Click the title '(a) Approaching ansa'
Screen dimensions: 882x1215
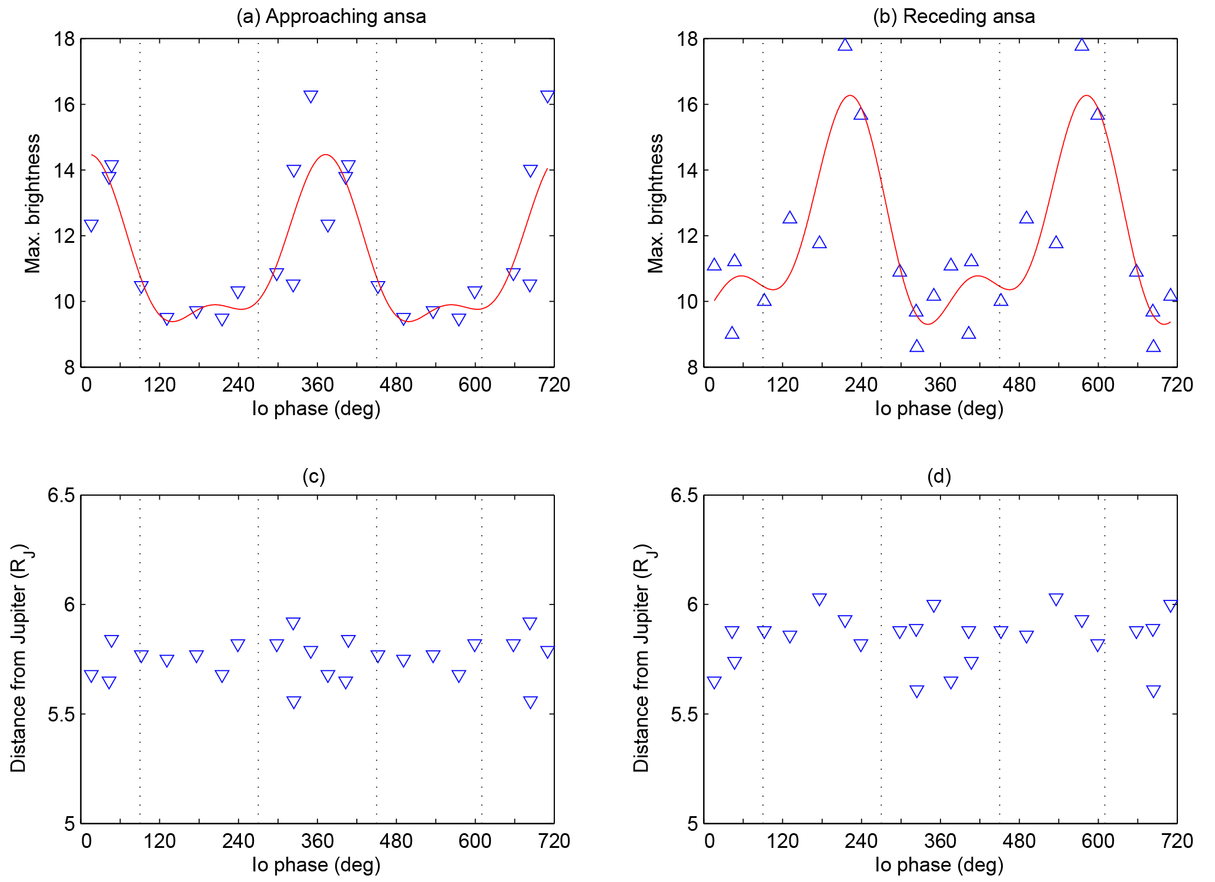pos(331,16)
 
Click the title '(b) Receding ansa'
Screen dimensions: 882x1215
pos(953,16)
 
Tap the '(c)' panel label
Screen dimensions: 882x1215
pos(313,476)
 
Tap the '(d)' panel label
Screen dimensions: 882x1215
pos(939,476)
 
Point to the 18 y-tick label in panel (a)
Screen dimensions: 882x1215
pos(64,39)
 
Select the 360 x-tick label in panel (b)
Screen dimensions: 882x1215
pos(940,385)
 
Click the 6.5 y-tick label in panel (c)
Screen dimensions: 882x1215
pos(61,495)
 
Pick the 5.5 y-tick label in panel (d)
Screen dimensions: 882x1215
pos(684,714)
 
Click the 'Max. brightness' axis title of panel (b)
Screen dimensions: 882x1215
pos(655,203)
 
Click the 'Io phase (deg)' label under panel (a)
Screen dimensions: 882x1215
pos(316,408)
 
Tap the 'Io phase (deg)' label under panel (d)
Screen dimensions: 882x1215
pos(939,864)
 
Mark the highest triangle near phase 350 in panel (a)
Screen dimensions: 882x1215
pos(311,96)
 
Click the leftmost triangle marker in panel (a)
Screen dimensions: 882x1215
pos(91,226)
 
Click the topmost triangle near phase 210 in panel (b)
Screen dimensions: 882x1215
pos(845,45)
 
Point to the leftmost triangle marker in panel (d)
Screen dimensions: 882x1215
pos(714,683)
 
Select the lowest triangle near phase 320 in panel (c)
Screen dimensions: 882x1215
pos(294,702)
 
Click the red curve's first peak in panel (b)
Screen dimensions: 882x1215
pos(850,95)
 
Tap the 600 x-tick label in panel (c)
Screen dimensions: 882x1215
pos(474,841)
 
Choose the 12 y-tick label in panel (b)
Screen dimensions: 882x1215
pos(687,236)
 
